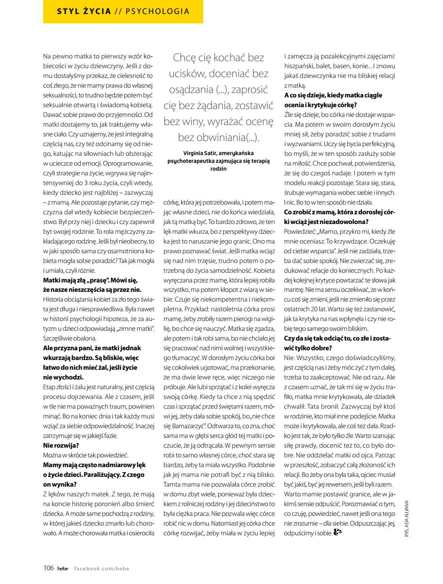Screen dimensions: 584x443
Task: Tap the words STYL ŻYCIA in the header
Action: coord(84,11)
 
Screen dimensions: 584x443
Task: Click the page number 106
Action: coord(48,568)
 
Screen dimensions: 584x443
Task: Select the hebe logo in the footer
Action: coord(63,568)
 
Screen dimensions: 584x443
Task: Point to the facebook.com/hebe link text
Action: coord(102,568)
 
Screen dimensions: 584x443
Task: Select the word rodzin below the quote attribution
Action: coord(218,169)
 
